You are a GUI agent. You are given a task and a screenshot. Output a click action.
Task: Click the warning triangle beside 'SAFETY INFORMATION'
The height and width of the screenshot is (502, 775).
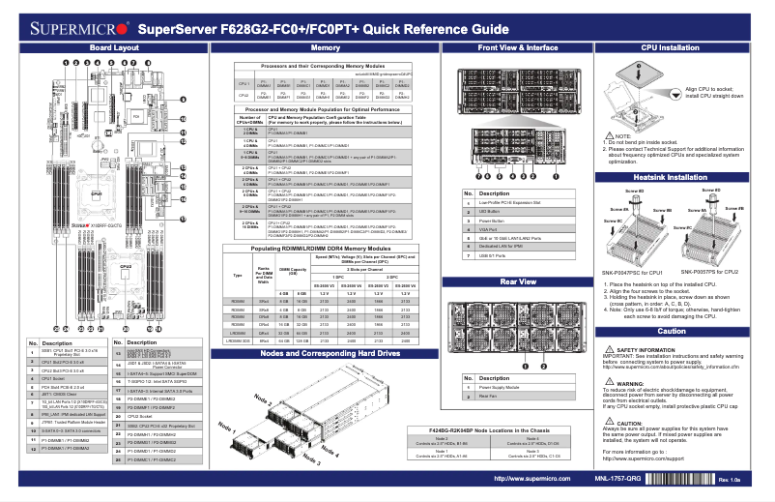(607, 349)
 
